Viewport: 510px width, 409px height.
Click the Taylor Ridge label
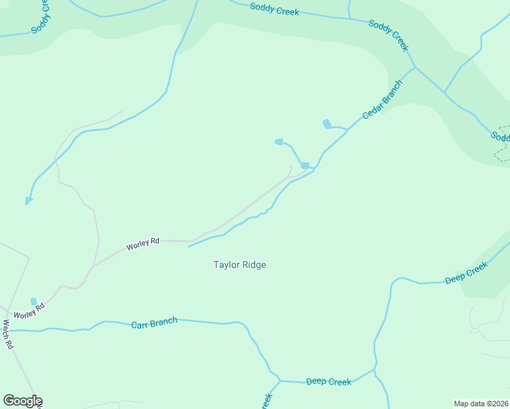coord(239,264)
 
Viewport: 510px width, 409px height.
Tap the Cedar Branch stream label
coord(382,100)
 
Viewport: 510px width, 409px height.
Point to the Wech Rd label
coord(8,334)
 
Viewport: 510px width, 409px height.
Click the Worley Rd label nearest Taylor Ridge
coord(143,242)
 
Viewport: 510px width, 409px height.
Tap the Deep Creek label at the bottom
coord(329,382)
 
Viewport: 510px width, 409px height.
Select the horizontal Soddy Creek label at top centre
coord(275,10)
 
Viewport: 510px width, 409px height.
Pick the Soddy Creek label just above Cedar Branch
coord(388,35)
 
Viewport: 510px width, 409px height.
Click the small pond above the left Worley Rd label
coord(33,301)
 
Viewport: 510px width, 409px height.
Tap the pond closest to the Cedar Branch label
coord(327,123)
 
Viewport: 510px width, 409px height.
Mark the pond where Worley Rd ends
coord(305,166)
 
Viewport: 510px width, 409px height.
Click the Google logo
coord(22,401)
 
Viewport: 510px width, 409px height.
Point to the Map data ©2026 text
coord(481,403)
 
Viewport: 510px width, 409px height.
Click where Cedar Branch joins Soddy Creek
coord(414,67)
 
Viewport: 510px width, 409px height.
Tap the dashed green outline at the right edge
coord(502,144)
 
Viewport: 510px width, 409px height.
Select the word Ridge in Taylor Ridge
coord(252,264)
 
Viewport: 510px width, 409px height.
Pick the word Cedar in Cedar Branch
coord(372,110)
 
